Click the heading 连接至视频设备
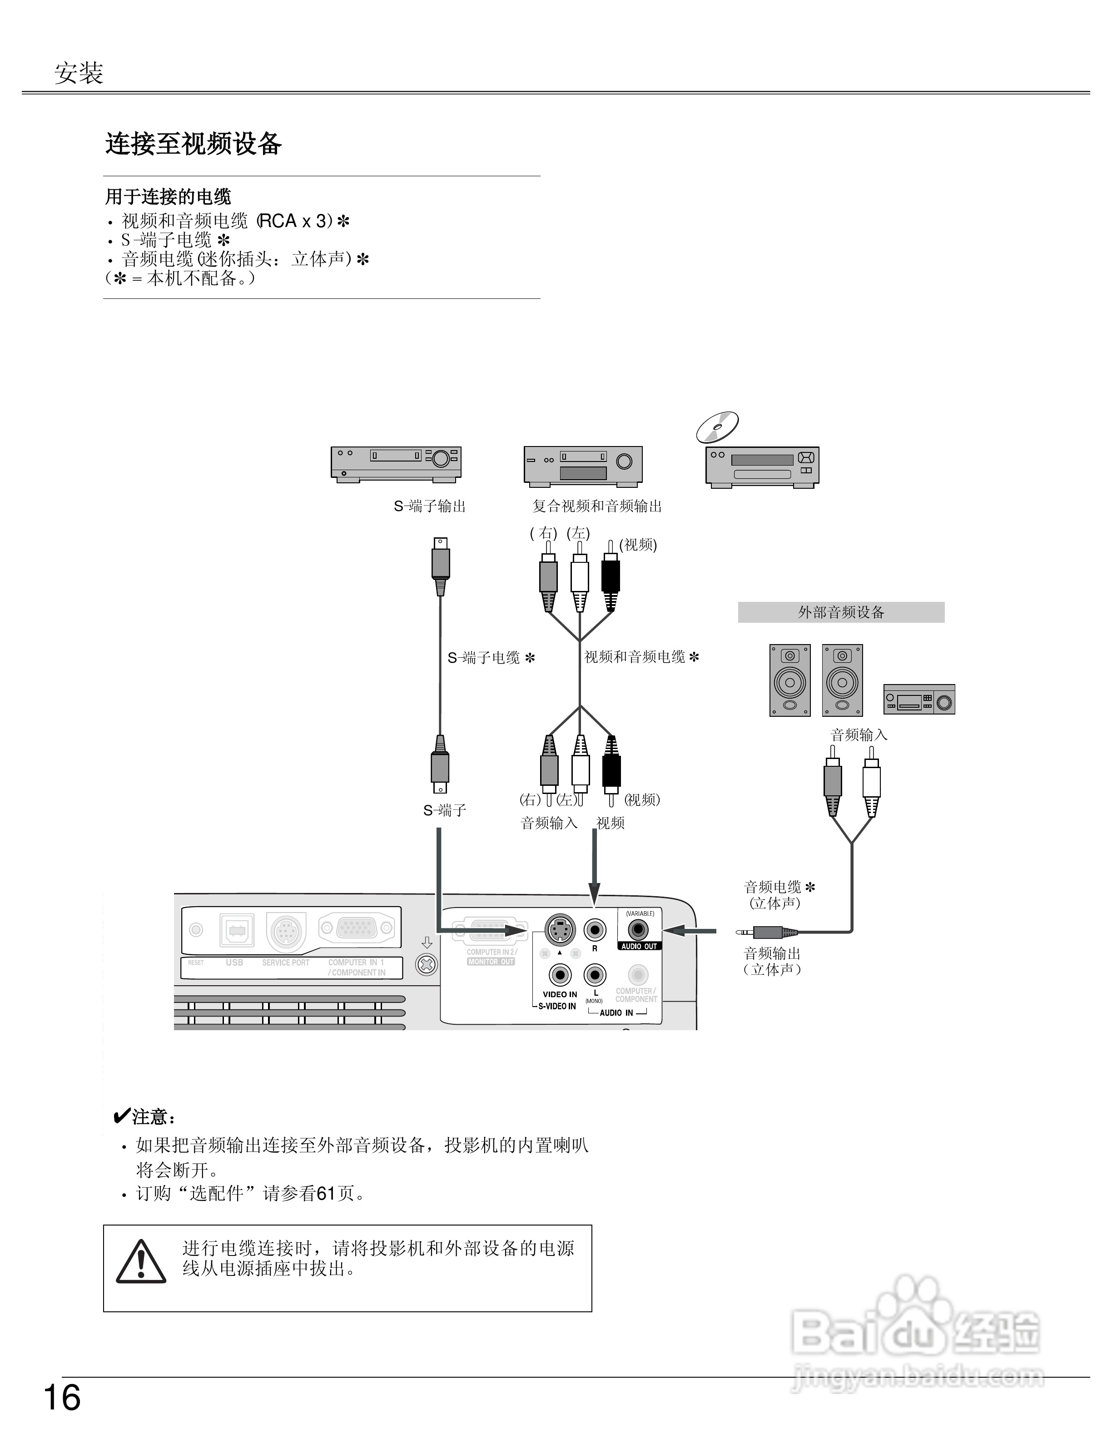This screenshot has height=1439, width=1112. tap(194, 144)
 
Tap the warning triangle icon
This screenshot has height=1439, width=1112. tap(141, 1262)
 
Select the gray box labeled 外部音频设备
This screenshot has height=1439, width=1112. tap(841, 612)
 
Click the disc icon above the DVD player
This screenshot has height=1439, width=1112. tap(717, 427)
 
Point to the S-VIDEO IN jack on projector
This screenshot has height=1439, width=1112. tap(560, 930)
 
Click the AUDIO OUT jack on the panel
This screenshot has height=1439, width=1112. tap(638, 930)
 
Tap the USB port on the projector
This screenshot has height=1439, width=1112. tap(237, 930)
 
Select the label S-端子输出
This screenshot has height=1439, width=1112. tap(430, 506)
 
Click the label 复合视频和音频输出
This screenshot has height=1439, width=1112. tap(597, 506)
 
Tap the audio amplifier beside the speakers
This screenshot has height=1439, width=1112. tap(919, 699)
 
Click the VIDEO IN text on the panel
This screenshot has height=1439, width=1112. tap(560, 994)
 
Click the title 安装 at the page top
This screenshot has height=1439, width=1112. tap(79, 73)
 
